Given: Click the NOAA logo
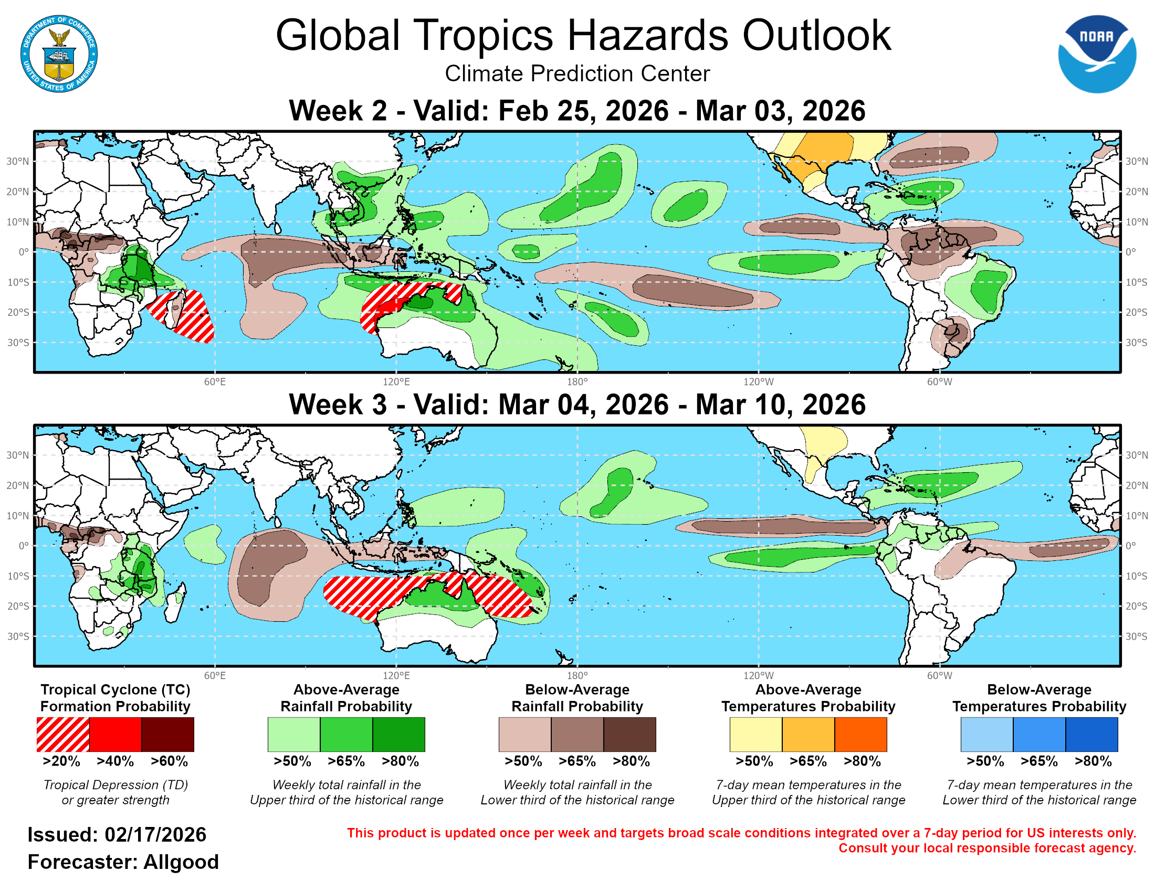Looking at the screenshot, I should [1096, 54].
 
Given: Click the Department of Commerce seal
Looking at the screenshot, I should [59, 54].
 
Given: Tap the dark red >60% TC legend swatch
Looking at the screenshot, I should [167, 734].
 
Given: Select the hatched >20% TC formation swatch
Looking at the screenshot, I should [63, 734].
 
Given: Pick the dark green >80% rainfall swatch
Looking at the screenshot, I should [399, 734].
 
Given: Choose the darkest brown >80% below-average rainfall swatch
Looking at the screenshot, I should [629, 734].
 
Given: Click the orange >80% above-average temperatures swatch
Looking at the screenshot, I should [860, 734].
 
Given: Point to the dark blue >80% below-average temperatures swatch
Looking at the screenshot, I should [1091, 734].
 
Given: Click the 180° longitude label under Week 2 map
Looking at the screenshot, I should [577, 381].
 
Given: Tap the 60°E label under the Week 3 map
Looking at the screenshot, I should [215, 675].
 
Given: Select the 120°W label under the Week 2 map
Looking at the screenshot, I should [759, 381].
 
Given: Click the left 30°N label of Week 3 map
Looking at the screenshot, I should [17, 455].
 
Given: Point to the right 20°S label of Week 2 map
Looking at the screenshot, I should [1136, 312].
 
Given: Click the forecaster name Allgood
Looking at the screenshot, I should [181, 862].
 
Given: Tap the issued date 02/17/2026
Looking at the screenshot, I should [155, 835].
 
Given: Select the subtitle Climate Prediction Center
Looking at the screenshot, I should [577, 73].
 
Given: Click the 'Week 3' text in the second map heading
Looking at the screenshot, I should [338, 405].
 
